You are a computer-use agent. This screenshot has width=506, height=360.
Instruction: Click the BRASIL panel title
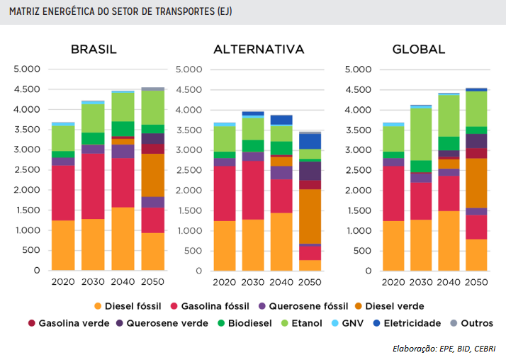[94, 50]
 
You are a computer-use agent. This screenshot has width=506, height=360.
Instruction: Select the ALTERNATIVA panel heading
[259, 50]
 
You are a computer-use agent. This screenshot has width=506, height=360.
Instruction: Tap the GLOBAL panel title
[419, 50]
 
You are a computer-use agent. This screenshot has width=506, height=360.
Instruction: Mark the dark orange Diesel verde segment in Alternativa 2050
[310, 216]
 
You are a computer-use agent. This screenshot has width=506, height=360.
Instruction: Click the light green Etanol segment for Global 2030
[420, 134]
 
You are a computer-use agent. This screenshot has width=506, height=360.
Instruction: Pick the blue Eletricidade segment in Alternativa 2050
[310, 141]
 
